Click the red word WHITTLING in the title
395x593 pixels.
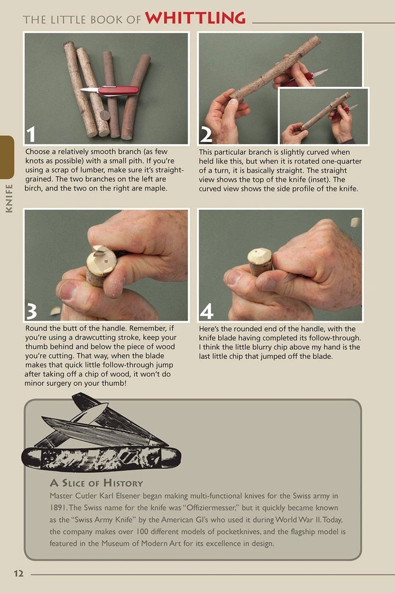tap(195, 18)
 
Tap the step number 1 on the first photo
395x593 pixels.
tap(32, 135)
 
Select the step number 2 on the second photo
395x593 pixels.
tap(206, 135)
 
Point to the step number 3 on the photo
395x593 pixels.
tap(32, 311)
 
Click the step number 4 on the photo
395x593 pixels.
tap(206, 311)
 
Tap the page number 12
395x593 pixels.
tap(19, 573)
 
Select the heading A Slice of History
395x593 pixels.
tap(96, 483)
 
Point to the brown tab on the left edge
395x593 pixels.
tap(7, 156)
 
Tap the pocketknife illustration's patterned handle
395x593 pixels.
tap(101, 457)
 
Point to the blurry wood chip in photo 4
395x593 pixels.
tap(354, 222)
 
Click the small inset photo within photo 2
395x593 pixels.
tap(323, 115)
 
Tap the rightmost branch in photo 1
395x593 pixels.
tap(136, 96)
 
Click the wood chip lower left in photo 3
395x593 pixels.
tap(55, 311)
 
